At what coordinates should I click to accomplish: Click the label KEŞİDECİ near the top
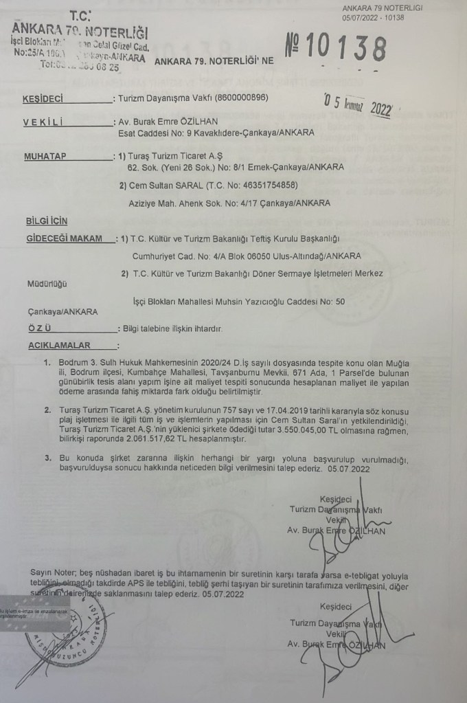tap(44, 99)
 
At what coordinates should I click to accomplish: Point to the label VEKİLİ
tap(43, 122)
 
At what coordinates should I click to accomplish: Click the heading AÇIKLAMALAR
tap(56, 345)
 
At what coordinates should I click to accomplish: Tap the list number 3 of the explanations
tap(47, 456)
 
